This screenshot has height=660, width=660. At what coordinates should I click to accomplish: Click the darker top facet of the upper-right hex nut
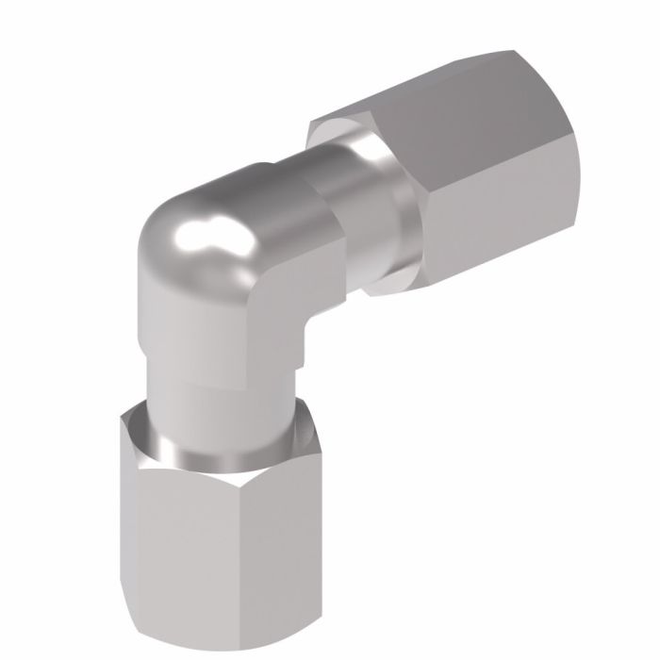tap(443, 104)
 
